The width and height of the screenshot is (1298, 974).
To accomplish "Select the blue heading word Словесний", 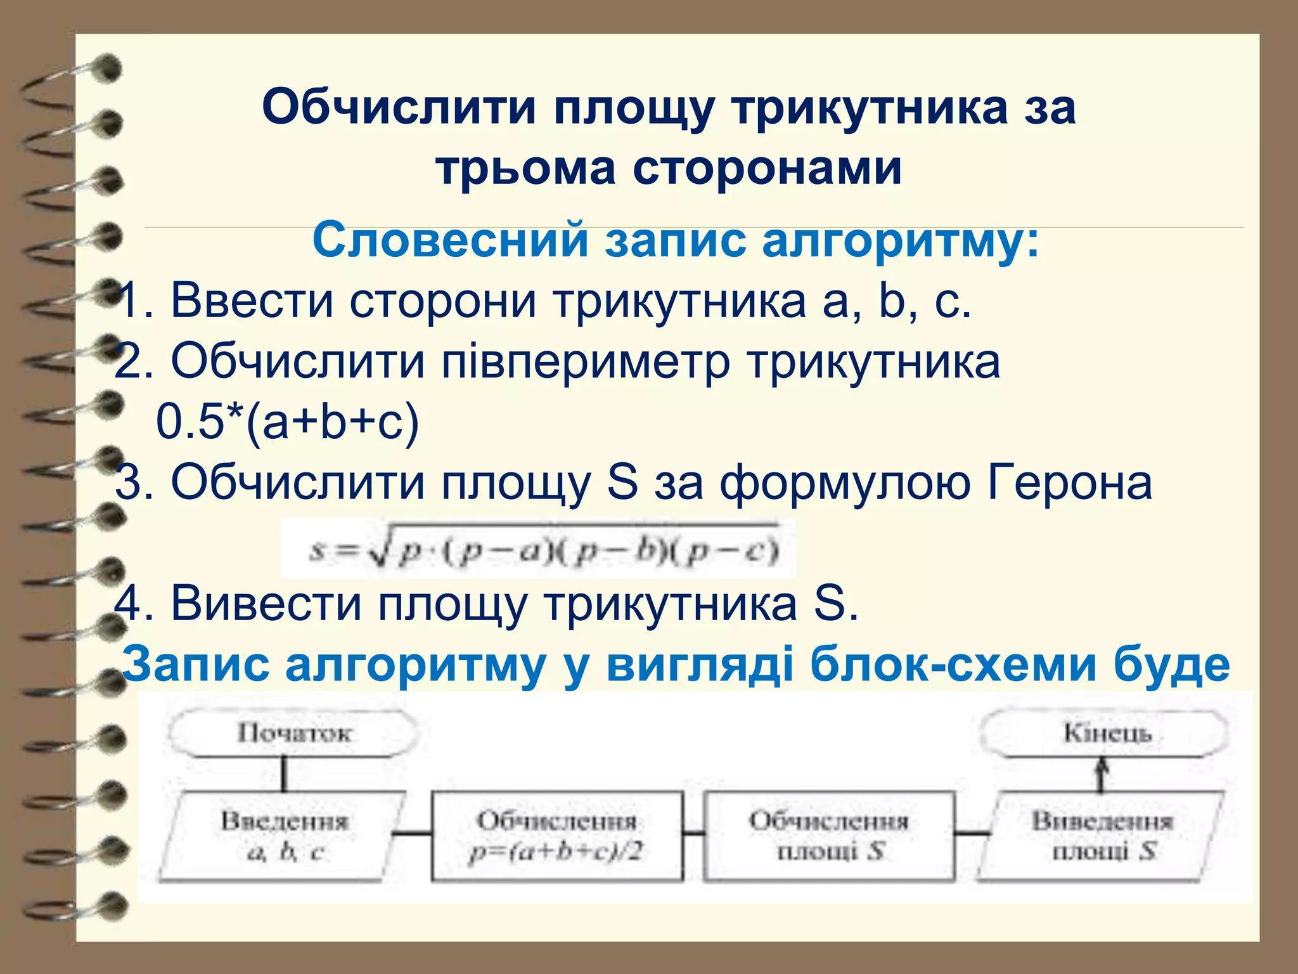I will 451,241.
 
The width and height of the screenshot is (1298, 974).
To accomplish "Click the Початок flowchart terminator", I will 293,734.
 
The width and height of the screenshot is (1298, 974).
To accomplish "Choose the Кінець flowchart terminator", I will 1105,734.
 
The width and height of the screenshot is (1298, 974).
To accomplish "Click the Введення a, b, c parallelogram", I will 283,836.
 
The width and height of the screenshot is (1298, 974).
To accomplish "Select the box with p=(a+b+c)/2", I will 557,836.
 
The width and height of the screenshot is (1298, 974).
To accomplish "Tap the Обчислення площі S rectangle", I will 829,836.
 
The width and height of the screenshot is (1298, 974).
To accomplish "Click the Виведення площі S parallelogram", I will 1102,836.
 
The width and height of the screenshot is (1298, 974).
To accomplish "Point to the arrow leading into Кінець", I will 1102,775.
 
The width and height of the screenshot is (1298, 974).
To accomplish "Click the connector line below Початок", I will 283,774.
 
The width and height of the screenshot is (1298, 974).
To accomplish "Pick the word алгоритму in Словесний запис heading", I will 901,241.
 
